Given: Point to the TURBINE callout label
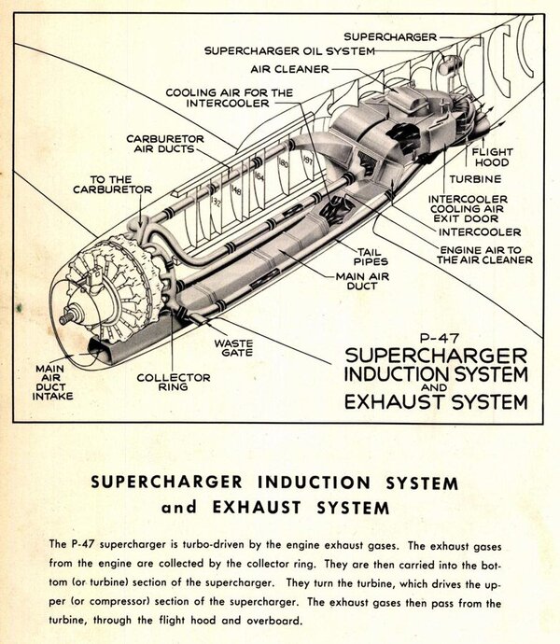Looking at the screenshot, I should (476, 177).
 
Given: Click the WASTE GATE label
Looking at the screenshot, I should (235, 349).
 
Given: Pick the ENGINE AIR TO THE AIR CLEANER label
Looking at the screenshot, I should (485, 254).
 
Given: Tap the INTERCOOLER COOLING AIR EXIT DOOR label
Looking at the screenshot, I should (468, 211).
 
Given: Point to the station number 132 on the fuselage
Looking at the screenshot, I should (217, 200).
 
